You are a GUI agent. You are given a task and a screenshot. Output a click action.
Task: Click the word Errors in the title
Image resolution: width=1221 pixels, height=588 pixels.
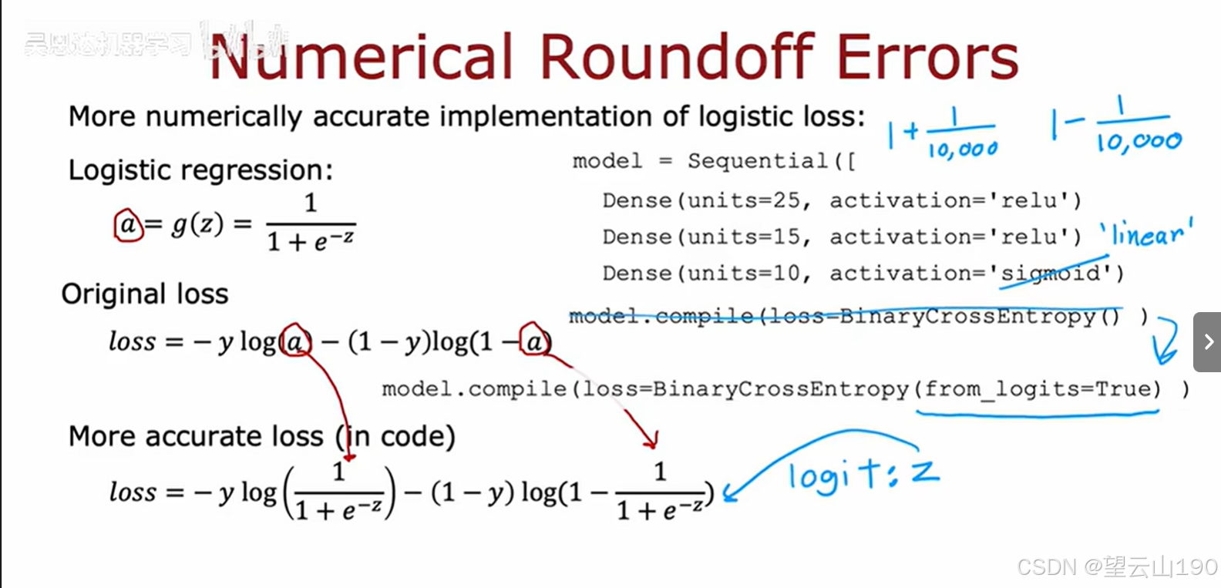[x=927, y=57]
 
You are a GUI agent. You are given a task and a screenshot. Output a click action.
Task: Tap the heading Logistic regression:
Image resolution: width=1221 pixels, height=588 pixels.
[x=200, y=170]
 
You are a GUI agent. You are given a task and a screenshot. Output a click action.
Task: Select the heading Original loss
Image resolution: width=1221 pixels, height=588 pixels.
[x=145, y=294]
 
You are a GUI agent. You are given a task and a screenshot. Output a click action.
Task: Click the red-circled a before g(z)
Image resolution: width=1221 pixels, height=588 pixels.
[x=128, y=225]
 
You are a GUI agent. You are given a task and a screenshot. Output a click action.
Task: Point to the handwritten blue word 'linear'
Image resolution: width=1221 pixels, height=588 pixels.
[x=1146, y=234]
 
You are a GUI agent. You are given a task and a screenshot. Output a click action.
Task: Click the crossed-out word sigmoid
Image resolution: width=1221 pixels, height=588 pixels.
[x=1051, y=274]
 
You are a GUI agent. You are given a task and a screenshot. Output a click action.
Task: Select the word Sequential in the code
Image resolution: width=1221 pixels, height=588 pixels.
[x=758, y=161]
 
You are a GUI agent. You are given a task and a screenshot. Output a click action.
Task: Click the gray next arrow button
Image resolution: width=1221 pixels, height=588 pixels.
[x=1207, y=341]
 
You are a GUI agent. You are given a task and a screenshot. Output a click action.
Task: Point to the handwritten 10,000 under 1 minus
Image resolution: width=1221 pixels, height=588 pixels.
[x=1139, y=142]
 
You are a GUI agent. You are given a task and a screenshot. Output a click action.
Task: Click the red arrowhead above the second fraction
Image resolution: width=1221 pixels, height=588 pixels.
[x=651, y=441]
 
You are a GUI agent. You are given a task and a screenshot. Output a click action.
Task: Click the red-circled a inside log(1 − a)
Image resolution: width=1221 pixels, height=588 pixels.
[x=534, y=341]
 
